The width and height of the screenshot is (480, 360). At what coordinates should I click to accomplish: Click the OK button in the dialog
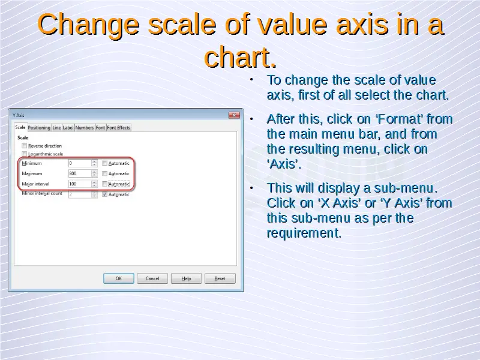pyautogui.click(x=118, y=278)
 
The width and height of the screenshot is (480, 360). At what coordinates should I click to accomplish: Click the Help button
pyautogui.click(x=186, y=278)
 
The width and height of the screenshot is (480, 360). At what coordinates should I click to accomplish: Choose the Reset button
pyautogui.click(x=220, y=278)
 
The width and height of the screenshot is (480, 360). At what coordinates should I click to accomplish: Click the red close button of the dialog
pyautogui.click(x=234, y=115)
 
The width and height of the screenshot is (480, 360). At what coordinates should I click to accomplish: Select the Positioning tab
pyautogui.click(x=39, y=128)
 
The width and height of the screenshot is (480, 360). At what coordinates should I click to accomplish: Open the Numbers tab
pyautogui.click(x=85, y=128)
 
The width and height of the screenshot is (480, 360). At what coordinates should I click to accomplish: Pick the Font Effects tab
pyautogui.click(x=118, y=128)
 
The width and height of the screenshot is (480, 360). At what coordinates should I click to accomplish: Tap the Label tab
pyautogui.click(x=68, y=128)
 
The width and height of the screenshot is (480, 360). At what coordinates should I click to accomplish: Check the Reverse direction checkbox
pyautogui.click(x=24, y=146)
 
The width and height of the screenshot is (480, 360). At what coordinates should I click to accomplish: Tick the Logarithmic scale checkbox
pyautogui.click(x=24, y=154)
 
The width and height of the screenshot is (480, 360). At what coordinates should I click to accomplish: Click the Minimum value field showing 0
pyautogui.click(x=80, y=163)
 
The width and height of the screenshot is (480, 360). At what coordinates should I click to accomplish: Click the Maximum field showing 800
pyautogui.click(x=80, y=173)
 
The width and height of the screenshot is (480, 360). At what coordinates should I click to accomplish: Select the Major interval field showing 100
pyautogui.click(x=80, y=184)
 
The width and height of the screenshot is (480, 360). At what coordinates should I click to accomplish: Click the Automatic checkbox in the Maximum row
pyautogui.click(x=104, y=173)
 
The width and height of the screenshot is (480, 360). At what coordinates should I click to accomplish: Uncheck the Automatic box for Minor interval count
pyautogui.click(x=104, y=194)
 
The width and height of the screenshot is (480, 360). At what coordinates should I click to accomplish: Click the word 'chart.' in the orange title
pyautogui.click(x=241, y=57)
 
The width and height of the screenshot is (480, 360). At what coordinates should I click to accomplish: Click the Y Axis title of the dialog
pyautogui.click(x=19, y=115)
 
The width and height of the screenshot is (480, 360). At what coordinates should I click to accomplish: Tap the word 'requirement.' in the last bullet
pyautogui.click(x=304, y=233)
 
